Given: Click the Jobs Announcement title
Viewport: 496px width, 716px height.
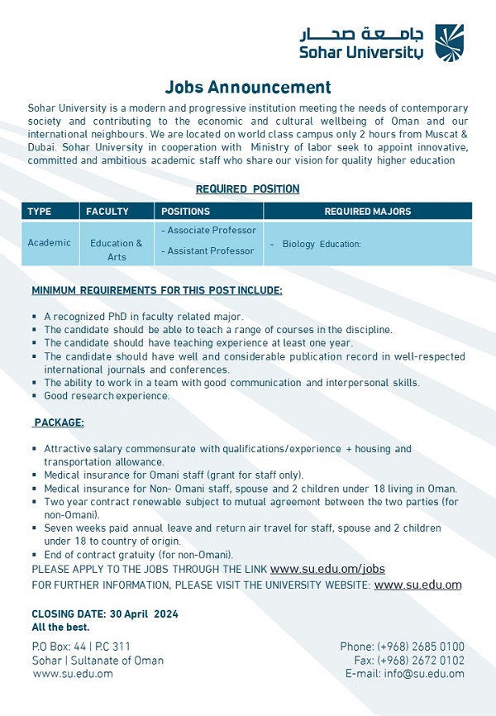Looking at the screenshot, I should (248, 88).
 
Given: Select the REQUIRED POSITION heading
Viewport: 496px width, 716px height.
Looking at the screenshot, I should (248, 189).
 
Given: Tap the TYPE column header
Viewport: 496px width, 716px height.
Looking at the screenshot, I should (40, 212).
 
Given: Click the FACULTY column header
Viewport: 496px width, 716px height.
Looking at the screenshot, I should (107, 212).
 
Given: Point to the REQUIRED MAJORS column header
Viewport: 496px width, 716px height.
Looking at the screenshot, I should (367, 212).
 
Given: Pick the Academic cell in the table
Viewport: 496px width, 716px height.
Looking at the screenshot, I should (49, 243).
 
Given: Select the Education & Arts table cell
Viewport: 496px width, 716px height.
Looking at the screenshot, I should (117, 250).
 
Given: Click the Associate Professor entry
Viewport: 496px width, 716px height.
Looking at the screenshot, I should (209, 231).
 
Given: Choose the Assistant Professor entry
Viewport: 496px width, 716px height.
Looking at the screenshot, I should (208, 251).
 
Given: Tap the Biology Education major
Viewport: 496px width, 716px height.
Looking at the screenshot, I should (322, 244).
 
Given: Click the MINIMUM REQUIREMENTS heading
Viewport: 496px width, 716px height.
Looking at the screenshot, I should (157, 291).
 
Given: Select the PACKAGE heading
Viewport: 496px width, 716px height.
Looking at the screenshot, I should (59, 422).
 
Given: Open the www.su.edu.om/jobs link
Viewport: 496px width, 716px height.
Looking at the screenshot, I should (327, 569).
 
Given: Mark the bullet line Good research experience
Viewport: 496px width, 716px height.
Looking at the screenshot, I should (107, 396).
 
